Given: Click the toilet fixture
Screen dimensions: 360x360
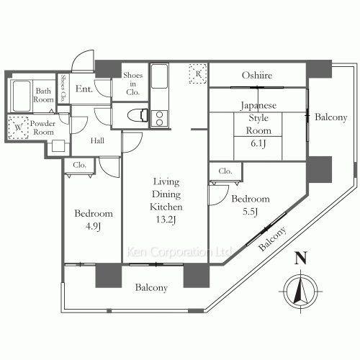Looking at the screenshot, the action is (138, 115).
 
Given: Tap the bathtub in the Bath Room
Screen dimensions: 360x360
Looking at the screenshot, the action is (22, 96).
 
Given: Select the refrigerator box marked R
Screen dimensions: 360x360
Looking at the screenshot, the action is (198, 73).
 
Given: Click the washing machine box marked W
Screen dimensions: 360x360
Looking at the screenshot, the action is (18, 127).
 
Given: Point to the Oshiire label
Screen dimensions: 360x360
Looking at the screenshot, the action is (257, 76).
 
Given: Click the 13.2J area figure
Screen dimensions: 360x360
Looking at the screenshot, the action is (166, 220).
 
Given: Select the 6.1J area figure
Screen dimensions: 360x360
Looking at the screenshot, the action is (258, 143).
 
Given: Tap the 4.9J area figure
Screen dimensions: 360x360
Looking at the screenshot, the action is (93, 226).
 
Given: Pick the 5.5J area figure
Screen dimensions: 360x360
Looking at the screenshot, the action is (250, 212).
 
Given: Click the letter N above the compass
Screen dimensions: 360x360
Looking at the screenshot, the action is (301, 258).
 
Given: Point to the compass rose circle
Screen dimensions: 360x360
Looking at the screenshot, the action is (301, 292).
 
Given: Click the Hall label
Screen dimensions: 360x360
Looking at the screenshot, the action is (97, 140).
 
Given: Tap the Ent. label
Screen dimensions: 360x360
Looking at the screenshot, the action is (84, 89).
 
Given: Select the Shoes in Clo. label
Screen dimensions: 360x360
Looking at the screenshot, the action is (132, 84).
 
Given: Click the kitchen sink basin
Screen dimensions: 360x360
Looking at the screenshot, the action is (159, 76).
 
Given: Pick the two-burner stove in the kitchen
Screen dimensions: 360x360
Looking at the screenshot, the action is (159, 119).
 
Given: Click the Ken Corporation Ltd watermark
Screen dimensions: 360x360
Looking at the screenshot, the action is (179, 252).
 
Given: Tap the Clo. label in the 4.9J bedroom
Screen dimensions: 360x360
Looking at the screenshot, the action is (79, 165).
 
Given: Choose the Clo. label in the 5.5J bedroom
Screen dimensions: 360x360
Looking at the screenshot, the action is (225, 171).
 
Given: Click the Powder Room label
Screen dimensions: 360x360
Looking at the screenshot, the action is (42, 127).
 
